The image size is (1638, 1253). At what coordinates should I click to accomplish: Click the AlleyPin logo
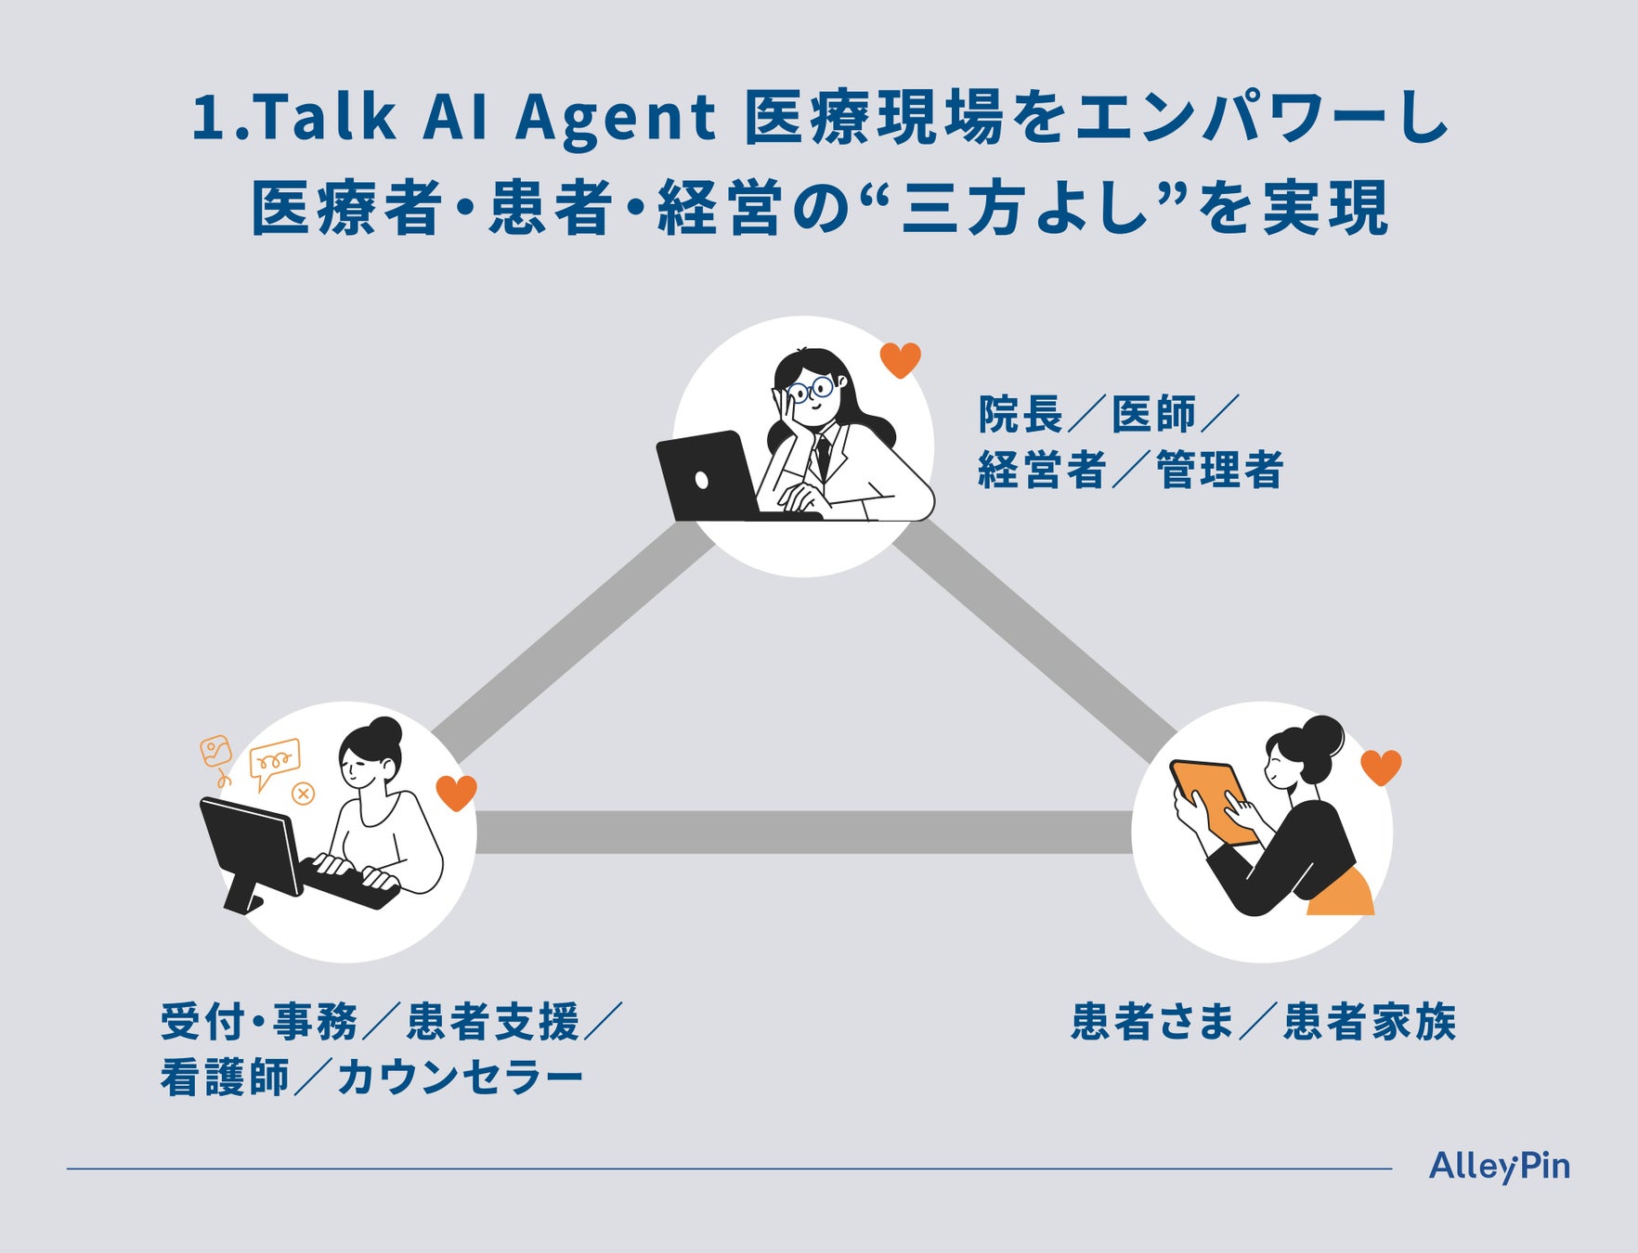click(x=1499, y=1167)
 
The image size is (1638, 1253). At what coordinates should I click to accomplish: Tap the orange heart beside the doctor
click(x=900, y=359)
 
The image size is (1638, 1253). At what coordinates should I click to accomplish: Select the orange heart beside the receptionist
click(x=456, y=792)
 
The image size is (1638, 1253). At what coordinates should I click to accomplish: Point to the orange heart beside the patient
click(x=1381, y=767)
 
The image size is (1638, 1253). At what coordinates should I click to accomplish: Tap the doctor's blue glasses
click(x=810, y=387)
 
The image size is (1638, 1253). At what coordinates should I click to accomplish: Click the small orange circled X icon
click(x=303, y=794)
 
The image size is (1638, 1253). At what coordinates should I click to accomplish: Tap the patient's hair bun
click(x=1323, y=735)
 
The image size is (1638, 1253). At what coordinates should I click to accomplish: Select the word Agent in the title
click(x=615, y=118)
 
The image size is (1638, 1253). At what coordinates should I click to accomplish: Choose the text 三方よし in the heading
click(x=1027, y=208)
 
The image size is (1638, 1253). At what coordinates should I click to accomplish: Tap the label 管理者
click(x=1219, y=470)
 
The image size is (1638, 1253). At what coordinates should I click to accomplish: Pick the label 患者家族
click(x=1370, y=1022)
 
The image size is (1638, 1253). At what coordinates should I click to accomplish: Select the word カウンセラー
click(x=461, y=1078)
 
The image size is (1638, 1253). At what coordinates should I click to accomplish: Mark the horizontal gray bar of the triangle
click(x=803, y=833)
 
